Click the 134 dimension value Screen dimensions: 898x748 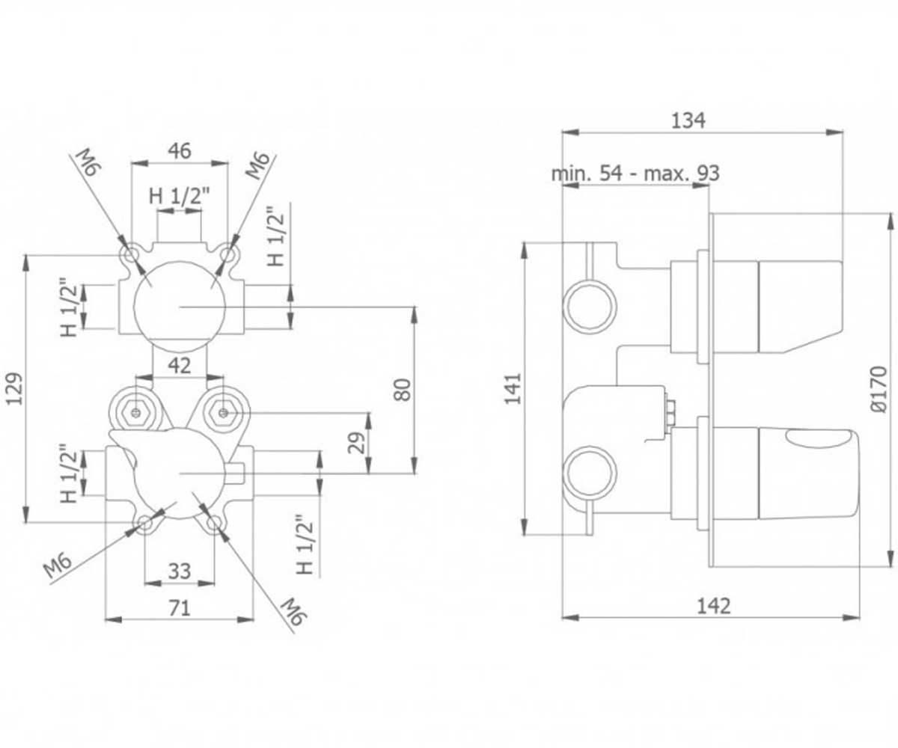point(688,120)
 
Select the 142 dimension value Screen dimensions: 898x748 point(713,606)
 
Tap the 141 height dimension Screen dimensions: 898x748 point(513,389)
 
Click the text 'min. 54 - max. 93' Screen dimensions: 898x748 point(635,174)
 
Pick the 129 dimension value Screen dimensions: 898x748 point(14,389)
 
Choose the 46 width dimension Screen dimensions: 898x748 point(180,150)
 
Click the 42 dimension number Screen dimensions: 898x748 point(180,366)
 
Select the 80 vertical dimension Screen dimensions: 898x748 point(403,390)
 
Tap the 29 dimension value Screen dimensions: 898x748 point(356,442)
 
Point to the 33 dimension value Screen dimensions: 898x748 point(180,571)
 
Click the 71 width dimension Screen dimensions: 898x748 point(180,608)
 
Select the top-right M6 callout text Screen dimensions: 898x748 point(257,165)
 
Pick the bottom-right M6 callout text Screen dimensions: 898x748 point(293,611)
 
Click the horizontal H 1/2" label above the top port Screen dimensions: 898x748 point(179,196)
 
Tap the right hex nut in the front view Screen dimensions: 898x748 point(223,414)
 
